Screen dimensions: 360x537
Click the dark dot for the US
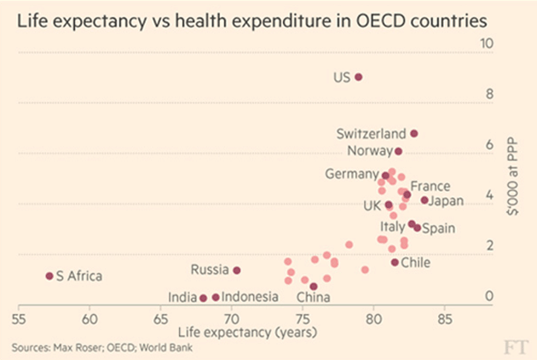tap(359, 77)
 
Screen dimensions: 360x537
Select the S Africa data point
tap(49, 276)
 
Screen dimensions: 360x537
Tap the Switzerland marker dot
tap(414, 133)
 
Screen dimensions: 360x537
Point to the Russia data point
tap(237, 270)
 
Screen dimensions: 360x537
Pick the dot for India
tap(204, 298)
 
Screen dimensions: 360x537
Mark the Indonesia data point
tap(216, 297)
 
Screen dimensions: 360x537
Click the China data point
tap(314, 287)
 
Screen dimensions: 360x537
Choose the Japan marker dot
tap(424, 200)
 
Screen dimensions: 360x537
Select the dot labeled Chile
tap(395, 262)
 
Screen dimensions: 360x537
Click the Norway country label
tap(368, 151)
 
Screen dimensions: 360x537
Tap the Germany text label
tap(352, 174)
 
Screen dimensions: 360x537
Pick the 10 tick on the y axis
tap(488, 43)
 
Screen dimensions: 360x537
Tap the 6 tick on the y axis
tap(489, 144)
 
